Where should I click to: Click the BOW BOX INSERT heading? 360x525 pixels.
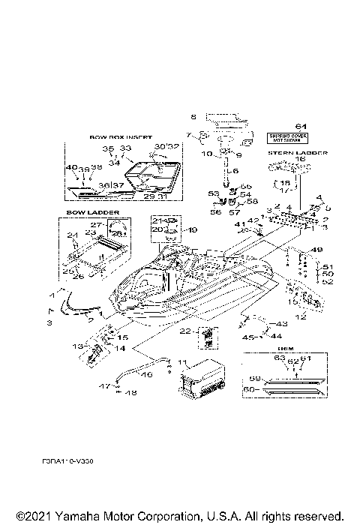point(120,138)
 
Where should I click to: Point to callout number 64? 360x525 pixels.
point(301,125)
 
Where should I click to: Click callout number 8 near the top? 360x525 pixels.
point(193,118)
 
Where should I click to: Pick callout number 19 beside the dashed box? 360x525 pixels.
point(192,230)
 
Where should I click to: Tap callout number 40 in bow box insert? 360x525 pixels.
point(70,167)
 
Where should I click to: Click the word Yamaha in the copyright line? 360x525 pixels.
point(61,516)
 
